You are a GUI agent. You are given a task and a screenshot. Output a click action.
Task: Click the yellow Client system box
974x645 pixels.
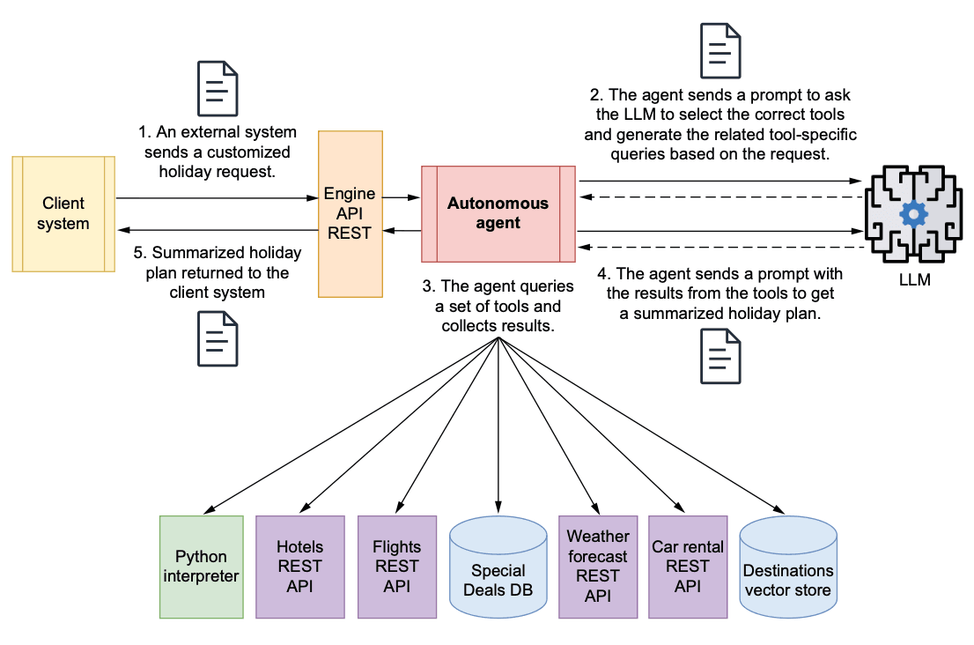click(x=63, y=214)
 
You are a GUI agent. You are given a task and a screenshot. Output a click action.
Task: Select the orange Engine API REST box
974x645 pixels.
click(x=350, y=214)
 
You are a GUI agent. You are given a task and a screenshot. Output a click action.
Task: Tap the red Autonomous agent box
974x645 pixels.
click(x=498, y=214)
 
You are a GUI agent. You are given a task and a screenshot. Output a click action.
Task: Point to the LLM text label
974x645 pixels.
click(x=912, y=280)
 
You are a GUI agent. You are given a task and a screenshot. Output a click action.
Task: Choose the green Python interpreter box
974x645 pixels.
click(x=201, y=567)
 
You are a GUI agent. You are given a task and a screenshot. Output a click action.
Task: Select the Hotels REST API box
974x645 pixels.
click(x=299, y=567)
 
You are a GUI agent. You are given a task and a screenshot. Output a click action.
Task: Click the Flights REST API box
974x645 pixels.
click(x=397, y=567)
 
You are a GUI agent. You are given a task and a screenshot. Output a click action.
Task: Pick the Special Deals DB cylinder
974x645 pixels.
click(x=498, y=570)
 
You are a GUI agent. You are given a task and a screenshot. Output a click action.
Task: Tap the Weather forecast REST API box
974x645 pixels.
click(x=598, y=567)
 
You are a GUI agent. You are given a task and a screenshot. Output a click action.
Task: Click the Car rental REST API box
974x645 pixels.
click(x=688, y=567)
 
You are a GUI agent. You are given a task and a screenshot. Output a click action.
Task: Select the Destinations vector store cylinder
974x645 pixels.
click(x=788, y=570)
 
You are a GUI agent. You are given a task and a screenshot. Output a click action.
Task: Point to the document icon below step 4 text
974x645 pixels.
click(x=720, y=356)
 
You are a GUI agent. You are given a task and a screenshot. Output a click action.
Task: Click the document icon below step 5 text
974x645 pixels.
click(x=218, y=338)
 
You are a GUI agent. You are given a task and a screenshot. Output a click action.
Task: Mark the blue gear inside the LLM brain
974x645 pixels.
click(x=912, y=213)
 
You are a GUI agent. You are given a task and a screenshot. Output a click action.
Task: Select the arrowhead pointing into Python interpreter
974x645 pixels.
click(x=209, y=509)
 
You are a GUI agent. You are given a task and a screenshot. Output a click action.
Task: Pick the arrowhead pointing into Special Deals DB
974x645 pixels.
click(x=498, y=507)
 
